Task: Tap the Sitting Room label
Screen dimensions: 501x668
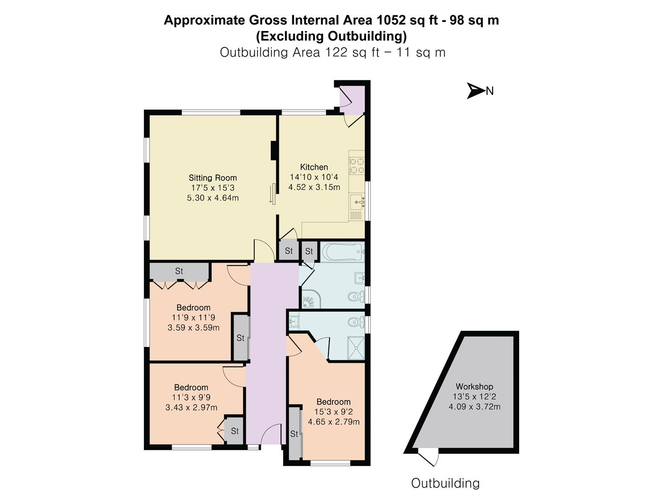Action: [212, 178]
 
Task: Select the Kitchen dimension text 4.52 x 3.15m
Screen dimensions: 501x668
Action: [314, 187]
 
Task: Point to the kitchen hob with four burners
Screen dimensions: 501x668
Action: [357, 166]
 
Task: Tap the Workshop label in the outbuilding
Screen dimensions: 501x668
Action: [474, 386]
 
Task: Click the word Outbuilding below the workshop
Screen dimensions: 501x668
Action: [445, 483]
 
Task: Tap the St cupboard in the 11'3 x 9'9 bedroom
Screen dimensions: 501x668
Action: [235, 431]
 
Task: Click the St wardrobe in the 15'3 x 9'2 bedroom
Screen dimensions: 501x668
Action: [294, 434]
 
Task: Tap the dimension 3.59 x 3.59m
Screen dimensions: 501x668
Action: [193, 328]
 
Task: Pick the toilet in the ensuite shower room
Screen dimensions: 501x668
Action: [356, 321]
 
